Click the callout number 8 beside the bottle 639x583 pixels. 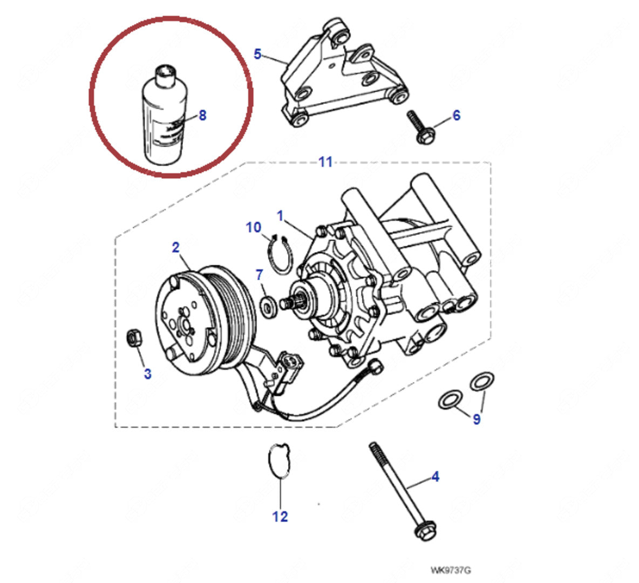coord(202,115)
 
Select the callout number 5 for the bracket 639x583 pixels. coord(257,54)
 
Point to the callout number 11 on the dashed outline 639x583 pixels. coord(325,161)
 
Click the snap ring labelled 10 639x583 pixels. coord(281,254)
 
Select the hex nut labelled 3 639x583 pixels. coord(133,338)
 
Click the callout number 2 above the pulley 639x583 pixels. coord(175,248)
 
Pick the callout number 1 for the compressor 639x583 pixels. coord(280,216)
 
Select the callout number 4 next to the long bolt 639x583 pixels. coord(435,477)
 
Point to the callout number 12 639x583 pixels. coord(280,517)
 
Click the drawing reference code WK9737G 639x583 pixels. coord(446,571)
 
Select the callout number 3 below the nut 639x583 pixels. coord(147,374)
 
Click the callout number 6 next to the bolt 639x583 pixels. coord(457,115)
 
